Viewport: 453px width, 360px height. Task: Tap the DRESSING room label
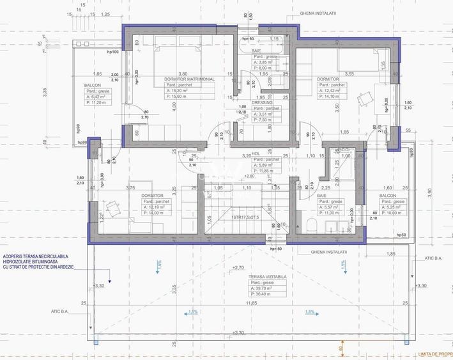262,102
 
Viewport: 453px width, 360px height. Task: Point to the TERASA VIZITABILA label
266,277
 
